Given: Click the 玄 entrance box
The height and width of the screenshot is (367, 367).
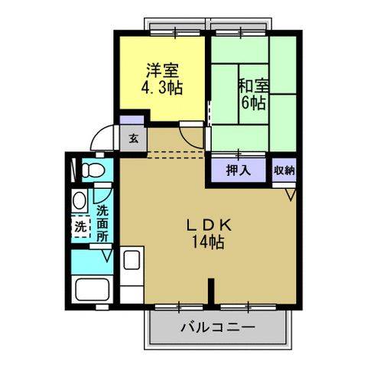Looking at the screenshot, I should pos(133,139).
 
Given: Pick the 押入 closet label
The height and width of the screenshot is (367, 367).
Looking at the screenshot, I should pos(239,171).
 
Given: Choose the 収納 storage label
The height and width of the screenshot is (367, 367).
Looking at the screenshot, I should pos(284,171).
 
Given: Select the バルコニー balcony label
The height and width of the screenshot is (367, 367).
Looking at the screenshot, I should pos(218,328).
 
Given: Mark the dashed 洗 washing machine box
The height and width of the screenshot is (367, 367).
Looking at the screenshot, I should pos(80,227).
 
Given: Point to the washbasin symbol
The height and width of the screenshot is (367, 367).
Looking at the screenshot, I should pos(80,202).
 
